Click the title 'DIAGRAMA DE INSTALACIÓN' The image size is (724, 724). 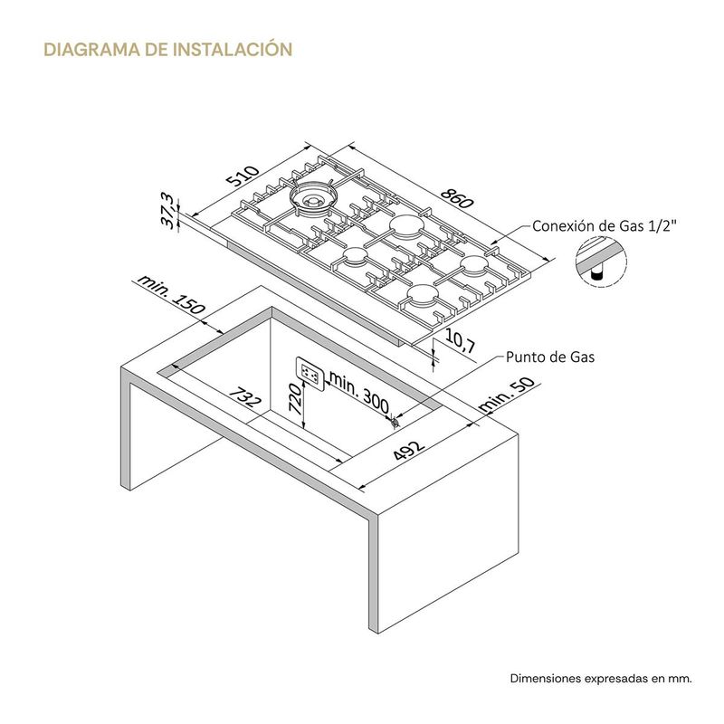coord(168,49)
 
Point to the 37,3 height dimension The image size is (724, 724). coord(169,212)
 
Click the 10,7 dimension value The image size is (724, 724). coord(460,341)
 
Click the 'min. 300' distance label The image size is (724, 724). coord(359,393)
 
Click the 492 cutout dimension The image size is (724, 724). coord(409,451)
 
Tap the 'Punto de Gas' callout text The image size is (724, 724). coord(550,357)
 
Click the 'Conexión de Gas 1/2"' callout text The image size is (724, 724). coord(605,225)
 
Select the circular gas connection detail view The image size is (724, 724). coord(601,262)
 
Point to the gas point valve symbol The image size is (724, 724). coord(395,422)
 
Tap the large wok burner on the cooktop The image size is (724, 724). coord(314,197)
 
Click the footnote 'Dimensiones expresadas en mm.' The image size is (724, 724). coord(601,678)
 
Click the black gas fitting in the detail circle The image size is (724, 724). coord(596,275)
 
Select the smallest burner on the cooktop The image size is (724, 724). coord(355,255)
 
